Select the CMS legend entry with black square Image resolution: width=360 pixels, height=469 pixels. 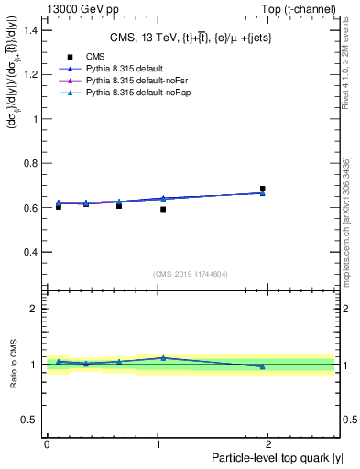tap(83, 57)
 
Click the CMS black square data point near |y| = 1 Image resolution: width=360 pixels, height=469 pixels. tap(163, 209)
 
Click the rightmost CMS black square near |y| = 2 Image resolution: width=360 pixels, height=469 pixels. tap(262, 189)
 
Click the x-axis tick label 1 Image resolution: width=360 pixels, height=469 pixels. tap(159, 442)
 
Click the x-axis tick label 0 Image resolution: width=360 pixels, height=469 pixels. tap(47, 442)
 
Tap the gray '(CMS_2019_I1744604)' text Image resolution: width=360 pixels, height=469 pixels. tap(191, 273)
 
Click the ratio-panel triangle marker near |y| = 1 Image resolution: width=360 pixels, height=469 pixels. tap(163, 358)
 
